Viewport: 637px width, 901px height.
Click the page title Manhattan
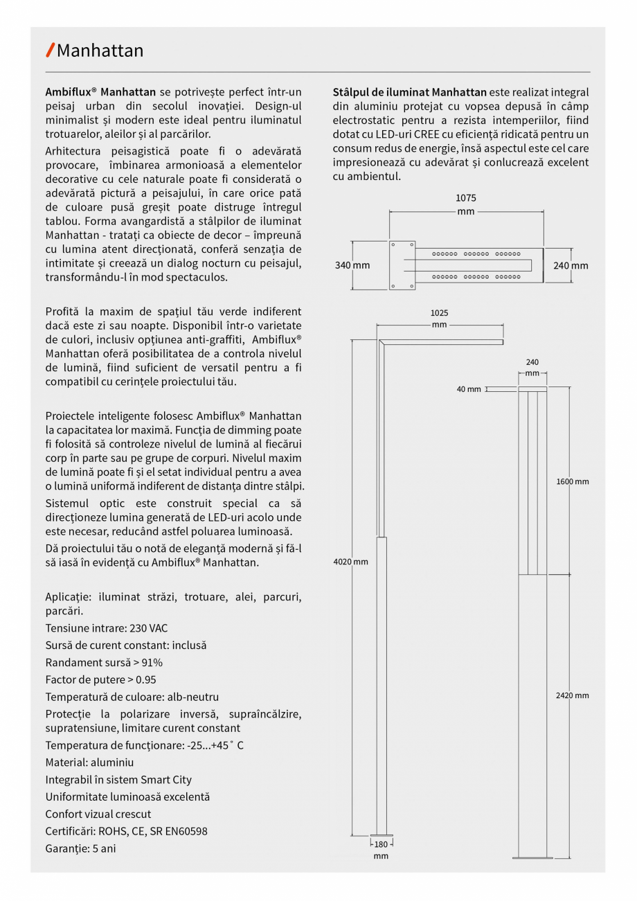(x=100, y=51)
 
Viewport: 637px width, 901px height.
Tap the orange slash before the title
(x=50, y=50)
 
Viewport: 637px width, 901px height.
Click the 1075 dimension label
(x=465, y=198)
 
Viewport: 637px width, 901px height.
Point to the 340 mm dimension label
(x=352, y=265)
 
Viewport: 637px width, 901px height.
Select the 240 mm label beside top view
(x=571, y=265)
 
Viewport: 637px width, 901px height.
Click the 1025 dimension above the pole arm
(x=439, y=313)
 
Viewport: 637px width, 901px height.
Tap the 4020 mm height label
(x=351, y=562)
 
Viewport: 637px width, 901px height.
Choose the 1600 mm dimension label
(x=572, y=481)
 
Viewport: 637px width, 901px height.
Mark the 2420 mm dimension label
(x=572, y=695)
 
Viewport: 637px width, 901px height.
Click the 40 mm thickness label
(x=469, y=389)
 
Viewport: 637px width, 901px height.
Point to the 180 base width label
(x=381, y=844)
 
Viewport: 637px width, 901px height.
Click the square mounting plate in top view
(x=402, y=265)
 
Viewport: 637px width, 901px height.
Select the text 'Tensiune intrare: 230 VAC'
(x=107, y=628)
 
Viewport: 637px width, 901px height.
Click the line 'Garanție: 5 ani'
(x=80, y=848)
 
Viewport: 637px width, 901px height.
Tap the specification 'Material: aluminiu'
(x=89, y=762)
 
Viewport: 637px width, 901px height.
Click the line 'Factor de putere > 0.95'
(x=100, y=679)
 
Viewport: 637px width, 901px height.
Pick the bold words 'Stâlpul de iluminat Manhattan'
(x=409, y=92)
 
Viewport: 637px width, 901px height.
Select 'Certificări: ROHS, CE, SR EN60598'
(x=126, y=831)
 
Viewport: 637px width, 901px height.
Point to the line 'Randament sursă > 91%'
(x=104, y=662)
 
